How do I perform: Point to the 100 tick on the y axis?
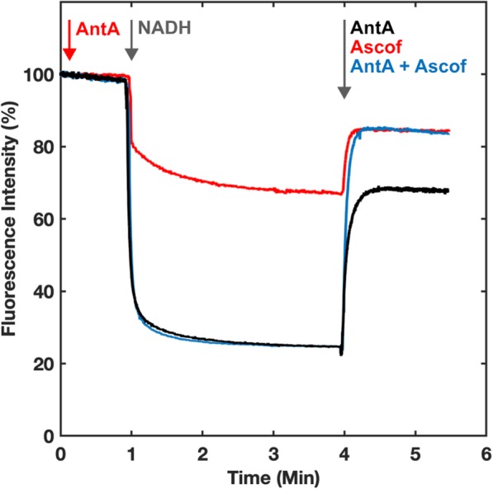point(40,75)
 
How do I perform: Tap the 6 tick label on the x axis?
point(485,454)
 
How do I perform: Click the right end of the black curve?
point(447,190)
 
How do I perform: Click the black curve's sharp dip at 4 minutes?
point(342,354)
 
